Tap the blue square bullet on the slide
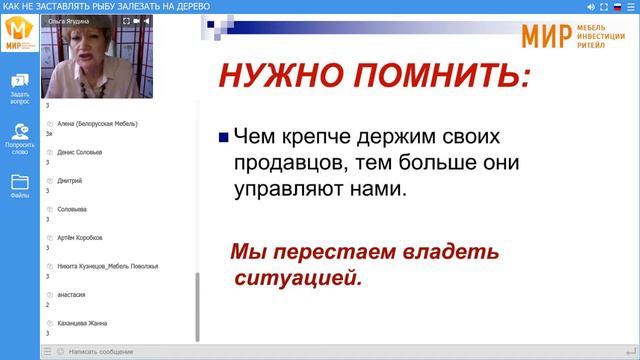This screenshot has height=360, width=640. coord(223,137)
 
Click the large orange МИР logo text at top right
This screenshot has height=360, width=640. coord(546,36)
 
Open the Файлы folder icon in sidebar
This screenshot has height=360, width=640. coord(20,186)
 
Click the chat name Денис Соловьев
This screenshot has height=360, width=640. coord(80,152)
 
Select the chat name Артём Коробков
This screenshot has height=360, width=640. coord(80,238)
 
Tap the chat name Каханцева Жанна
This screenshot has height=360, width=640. coord(82,323)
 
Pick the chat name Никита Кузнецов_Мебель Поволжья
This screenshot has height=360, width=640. coord(108,266)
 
